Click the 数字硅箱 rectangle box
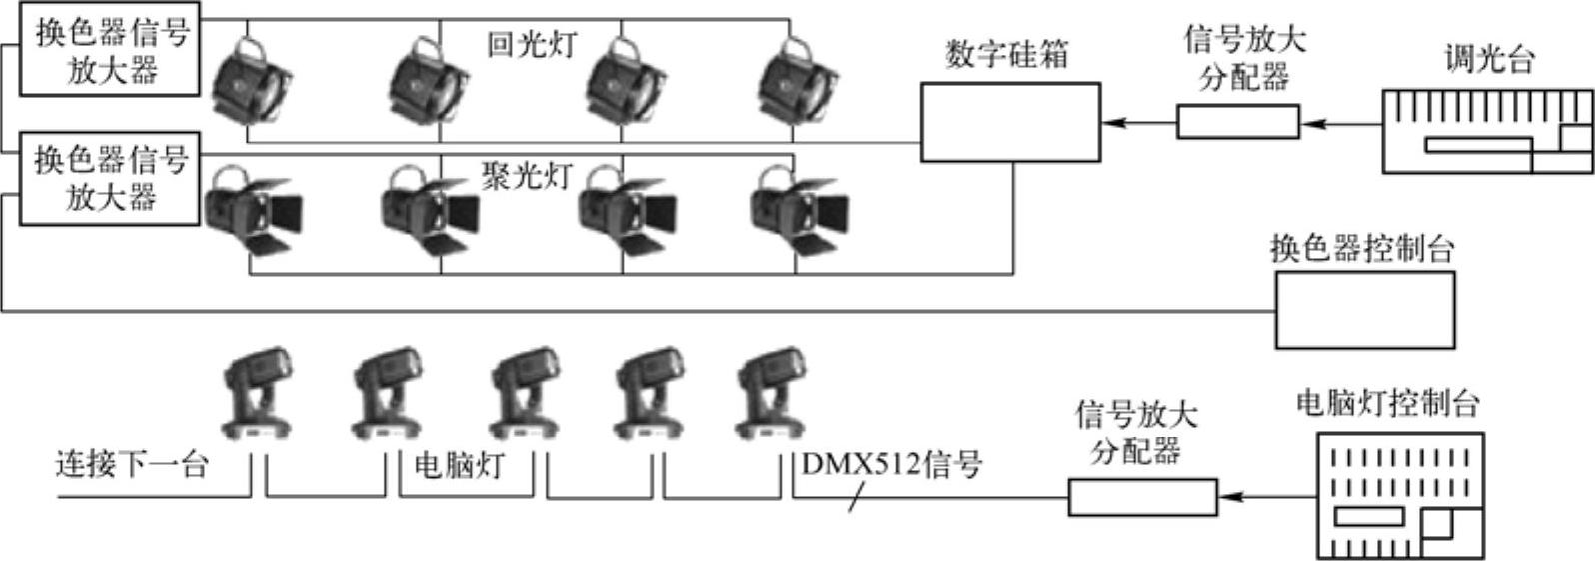point(1009,122)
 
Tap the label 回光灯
point(532,45)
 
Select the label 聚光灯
point(527,176)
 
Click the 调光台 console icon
point(1487,132)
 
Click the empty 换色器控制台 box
point(1364,310)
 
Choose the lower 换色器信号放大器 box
point(111,178)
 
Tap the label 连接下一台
point(131,465)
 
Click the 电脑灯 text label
point(459,466)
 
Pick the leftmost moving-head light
point(258,394)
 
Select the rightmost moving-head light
point(770,394)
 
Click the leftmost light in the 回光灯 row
point(250,80)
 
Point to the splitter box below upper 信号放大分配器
point(1237,122)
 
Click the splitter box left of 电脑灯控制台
point(1142,497)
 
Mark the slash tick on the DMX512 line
point(855,498)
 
